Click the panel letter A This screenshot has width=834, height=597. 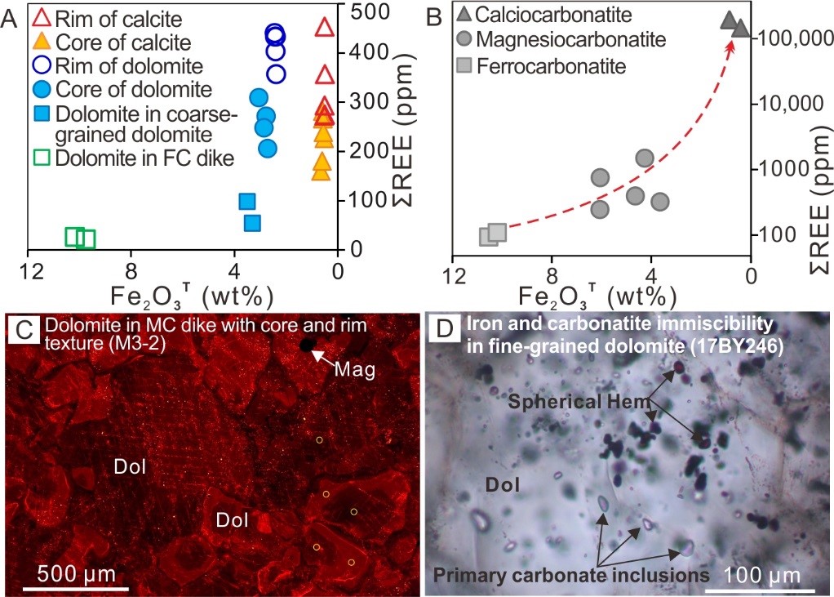pos(10,17)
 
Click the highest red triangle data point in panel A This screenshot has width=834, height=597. pos(325,29)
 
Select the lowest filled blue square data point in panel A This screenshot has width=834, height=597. pos(253,222)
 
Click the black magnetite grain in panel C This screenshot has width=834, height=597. pos(307,345)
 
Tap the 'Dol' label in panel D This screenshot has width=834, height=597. pos(504,485)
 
